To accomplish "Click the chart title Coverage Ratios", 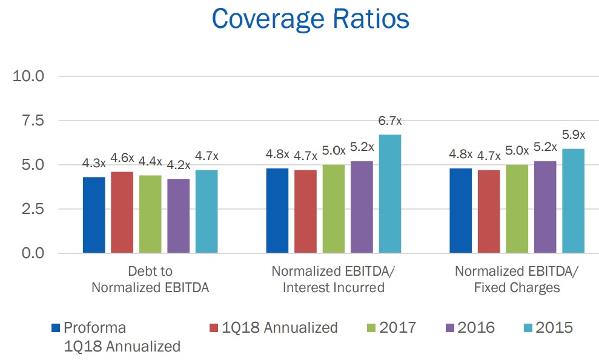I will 311,19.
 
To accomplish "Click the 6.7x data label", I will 390,121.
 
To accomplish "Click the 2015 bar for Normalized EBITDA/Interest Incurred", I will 390,193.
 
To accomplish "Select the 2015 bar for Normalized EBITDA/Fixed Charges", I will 573,201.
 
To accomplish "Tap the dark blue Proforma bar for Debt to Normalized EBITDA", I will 94,215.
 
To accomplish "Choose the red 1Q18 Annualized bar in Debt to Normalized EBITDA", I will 122,212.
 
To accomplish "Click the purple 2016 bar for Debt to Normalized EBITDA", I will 179,216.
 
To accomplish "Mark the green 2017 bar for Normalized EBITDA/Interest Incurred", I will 334,208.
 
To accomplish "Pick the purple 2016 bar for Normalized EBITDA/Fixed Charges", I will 545,207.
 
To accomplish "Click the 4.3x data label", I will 94,164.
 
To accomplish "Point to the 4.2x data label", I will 179,165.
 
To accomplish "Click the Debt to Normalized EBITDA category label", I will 150,279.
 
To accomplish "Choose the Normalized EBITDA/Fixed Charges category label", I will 517,279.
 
